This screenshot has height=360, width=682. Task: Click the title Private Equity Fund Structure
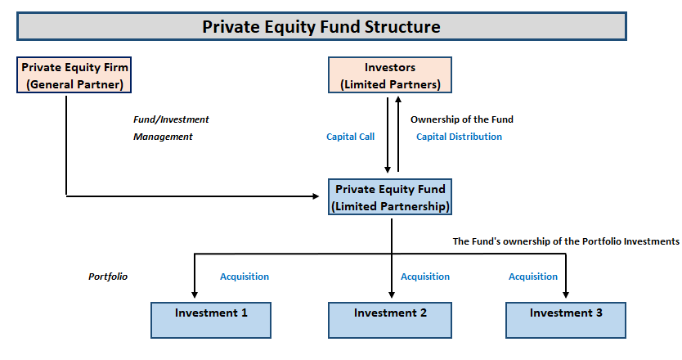pyautogui.click(x=321, y=26)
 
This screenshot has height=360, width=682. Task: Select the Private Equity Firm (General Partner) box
pyautogui.click(x=75, y=75)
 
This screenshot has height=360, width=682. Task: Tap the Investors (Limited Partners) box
pyautogui.click(x=390, y=75)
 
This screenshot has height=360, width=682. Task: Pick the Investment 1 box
pyautogui.click(x=210, y=319)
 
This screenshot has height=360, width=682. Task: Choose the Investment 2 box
pyautogui.click(x=390, y=319)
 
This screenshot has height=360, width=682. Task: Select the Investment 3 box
pyautogui.click(x=566, y=319)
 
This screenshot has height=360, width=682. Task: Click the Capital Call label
pyautogui.click(x=350, y=137)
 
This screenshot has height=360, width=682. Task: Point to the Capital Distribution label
pyautogui.click(x=459, y=137)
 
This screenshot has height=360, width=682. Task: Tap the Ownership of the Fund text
pyautogui.click(x=462, y=119)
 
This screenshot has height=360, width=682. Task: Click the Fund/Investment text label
pyautogui.click(x=171, y=119)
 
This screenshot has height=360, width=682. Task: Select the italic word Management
pyautogui.click(x=163, y=137)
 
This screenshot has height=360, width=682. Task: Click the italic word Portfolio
pyautogui.click(x=107, y=277)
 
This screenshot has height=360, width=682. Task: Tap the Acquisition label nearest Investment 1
pyautogui.click(x=244, y=277)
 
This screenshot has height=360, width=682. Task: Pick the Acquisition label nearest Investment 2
pyautogui.click(x=424, y=277)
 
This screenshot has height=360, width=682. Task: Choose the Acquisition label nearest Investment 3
pyautogui.click(x=532, y=277)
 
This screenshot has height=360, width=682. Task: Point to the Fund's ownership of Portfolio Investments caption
pyautogui.click(x=566, y=241)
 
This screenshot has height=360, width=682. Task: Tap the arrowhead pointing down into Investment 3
pyautogui.click(x=566, y=295)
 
